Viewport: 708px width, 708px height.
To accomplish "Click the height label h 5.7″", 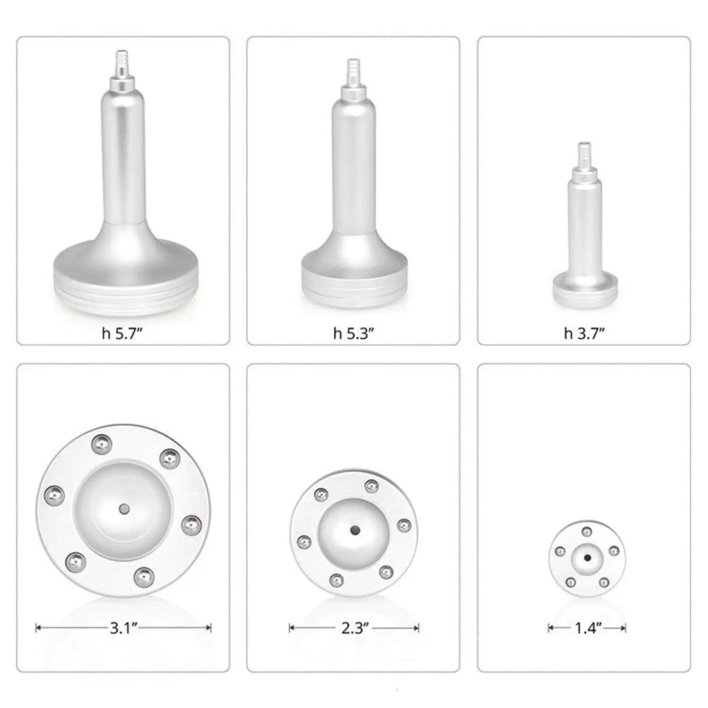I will point(122,334).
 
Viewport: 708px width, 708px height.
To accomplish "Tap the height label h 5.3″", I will point(354,334).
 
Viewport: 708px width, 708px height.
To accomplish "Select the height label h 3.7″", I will point(584,334).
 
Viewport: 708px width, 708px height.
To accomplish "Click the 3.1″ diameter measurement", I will point(123,628).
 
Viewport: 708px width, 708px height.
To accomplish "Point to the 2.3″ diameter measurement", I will point(354,628).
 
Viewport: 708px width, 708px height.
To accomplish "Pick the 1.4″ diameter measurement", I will point(588,628).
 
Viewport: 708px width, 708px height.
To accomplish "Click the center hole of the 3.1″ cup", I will point(124,509).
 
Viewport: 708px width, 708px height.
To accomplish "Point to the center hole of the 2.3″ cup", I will point(354,530).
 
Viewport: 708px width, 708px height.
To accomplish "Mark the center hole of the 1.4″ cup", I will point(587,557).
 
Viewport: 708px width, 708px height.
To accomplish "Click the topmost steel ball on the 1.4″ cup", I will point(587,532).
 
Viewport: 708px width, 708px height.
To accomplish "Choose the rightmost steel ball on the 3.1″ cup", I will point(191,524).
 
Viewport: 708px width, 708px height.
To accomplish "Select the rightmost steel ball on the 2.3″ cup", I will point(404,525).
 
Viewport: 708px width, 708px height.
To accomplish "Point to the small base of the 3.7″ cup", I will point(585,288).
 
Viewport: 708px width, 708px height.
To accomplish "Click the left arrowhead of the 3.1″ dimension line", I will point(38,628).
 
